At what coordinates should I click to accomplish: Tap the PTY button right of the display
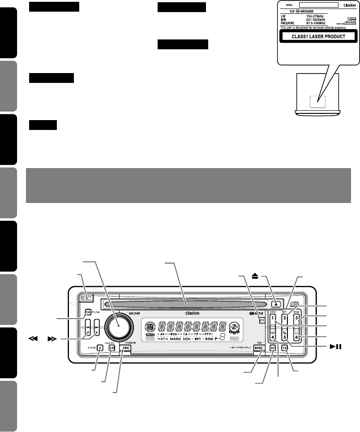pos(261,320)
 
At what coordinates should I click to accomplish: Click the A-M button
pos(111,347)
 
